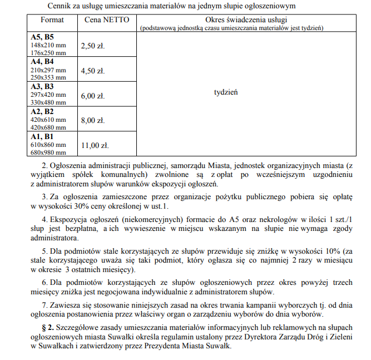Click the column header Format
click(x=52, y=20)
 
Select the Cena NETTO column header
click(x=107, y=20)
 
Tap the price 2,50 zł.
click(x=93, y=46)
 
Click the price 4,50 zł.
click(x=93, y=71)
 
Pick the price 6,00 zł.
click(x=93, y=96)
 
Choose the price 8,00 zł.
click(x=93, y=120)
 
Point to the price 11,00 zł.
click(x=95, y=146)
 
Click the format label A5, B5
click(x=42, y=37)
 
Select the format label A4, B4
click(x=42, y=61)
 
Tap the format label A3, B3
click(x=42, y=86)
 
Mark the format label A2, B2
click(x=42, y=111)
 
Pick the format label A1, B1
click(x=42, y=136)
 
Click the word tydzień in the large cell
click(x=226, y=92)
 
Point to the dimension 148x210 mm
click(x=48, y=45)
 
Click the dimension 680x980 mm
click(x=48, y=152)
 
